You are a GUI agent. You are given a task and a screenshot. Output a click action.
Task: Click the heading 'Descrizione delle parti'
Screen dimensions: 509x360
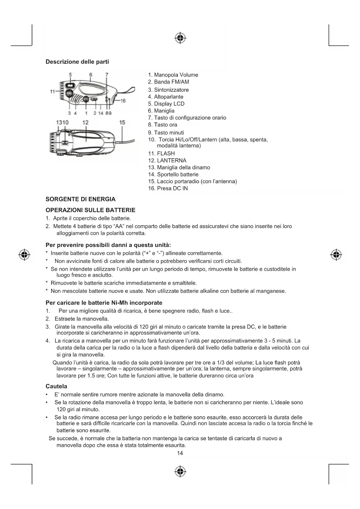pos(77,62)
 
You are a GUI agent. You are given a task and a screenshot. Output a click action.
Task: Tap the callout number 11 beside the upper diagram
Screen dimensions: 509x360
pos(53,92)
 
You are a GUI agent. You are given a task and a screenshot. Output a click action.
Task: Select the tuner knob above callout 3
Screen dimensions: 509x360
pos(69,94)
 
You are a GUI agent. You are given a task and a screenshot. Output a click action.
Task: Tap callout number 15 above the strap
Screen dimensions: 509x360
pos(122,122)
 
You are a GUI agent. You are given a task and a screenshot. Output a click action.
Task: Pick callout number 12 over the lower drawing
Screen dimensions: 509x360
pos(85,122)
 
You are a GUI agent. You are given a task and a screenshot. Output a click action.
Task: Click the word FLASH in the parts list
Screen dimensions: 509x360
pos(166,154)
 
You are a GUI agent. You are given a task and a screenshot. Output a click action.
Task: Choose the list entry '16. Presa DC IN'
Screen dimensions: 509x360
pos(168,188)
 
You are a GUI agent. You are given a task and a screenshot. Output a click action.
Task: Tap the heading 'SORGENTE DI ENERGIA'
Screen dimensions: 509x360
pos(81,199)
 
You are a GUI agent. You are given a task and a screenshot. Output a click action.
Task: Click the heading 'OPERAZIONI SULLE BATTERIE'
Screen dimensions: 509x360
pos(91,210)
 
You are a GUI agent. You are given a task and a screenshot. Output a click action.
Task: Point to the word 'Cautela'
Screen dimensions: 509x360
pos(56,386)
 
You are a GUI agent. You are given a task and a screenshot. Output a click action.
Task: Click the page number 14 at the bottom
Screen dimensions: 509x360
pos(180,453)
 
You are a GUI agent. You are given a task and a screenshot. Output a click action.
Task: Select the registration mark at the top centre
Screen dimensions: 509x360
pos(180,38)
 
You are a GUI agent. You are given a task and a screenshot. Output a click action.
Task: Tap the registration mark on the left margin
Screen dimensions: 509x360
pos(24,255)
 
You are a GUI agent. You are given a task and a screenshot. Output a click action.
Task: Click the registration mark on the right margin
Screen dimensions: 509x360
pos(336,255)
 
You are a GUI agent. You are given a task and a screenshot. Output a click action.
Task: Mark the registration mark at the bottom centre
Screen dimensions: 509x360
pos(180,472)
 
